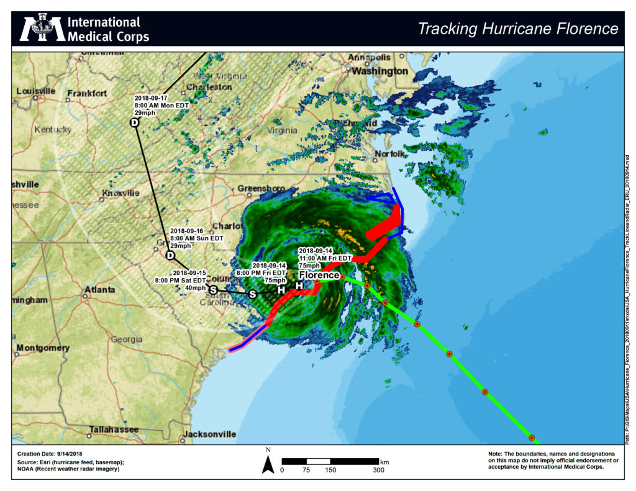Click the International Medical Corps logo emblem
pyautogui.click(x=43, y=28)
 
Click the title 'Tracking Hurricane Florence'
pyautogui.click(x=518, y=29)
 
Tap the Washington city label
pyautogui.click(x=380, y=71)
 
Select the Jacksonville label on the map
pyautogui.click(x=210, y=434)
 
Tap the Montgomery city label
pyautogui.click(x=41, y=348)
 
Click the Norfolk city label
pyautogui.click(x=389, y=153)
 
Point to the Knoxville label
pyautogui.click(x=120, y=193)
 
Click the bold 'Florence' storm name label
pyautogui.click(x=319, y=274)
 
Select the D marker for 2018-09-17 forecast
pyautogui.click(x=134, y=123)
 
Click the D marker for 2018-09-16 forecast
pyautogui.click(x=171, y=255)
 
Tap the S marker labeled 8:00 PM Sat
pyautogui.click(x=213, y=290)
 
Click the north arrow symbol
pyautogui.click(x=268, y=463)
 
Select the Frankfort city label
pyautogui.click(x=88, y=93)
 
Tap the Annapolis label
pyautogui.click(x=370, y=57)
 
